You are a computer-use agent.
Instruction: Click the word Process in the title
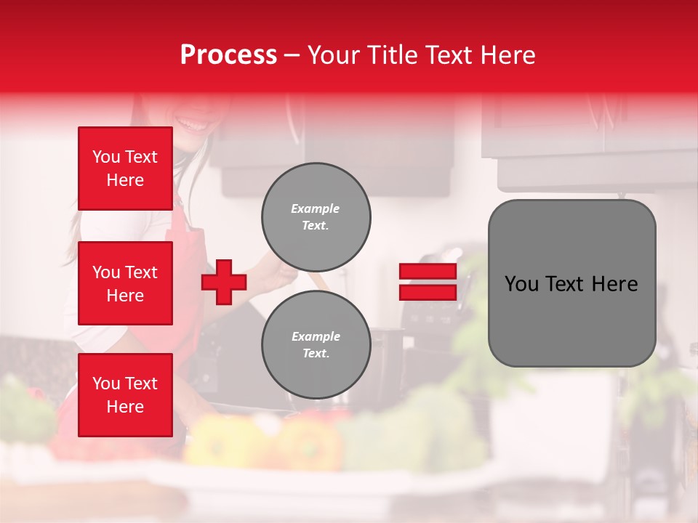[x=228, y=55]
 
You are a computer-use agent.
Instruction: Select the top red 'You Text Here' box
[x=125, y=169]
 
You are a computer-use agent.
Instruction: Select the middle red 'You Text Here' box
[x=125, y=283]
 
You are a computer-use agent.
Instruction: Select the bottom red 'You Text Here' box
[x=125, y=395]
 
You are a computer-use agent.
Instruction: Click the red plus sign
[x=224, y=283]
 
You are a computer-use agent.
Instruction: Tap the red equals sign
[x=428, y=282]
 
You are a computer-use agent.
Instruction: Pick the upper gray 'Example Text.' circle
[x=316, y=217]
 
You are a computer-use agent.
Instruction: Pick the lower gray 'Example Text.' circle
[x=316, y=345]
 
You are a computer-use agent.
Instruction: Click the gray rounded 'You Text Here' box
[x=571, y=283]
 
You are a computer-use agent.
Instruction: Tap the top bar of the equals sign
[x=428, y=272]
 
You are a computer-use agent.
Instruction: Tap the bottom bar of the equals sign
[x=428, y=292]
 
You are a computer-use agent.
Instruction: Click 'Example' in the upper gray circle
[x=315, y=208]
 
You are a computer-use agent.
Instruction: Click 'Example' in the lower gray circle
[x=315, y=336]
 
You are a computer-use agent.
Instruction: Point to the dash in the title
[x=292, y=55]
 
